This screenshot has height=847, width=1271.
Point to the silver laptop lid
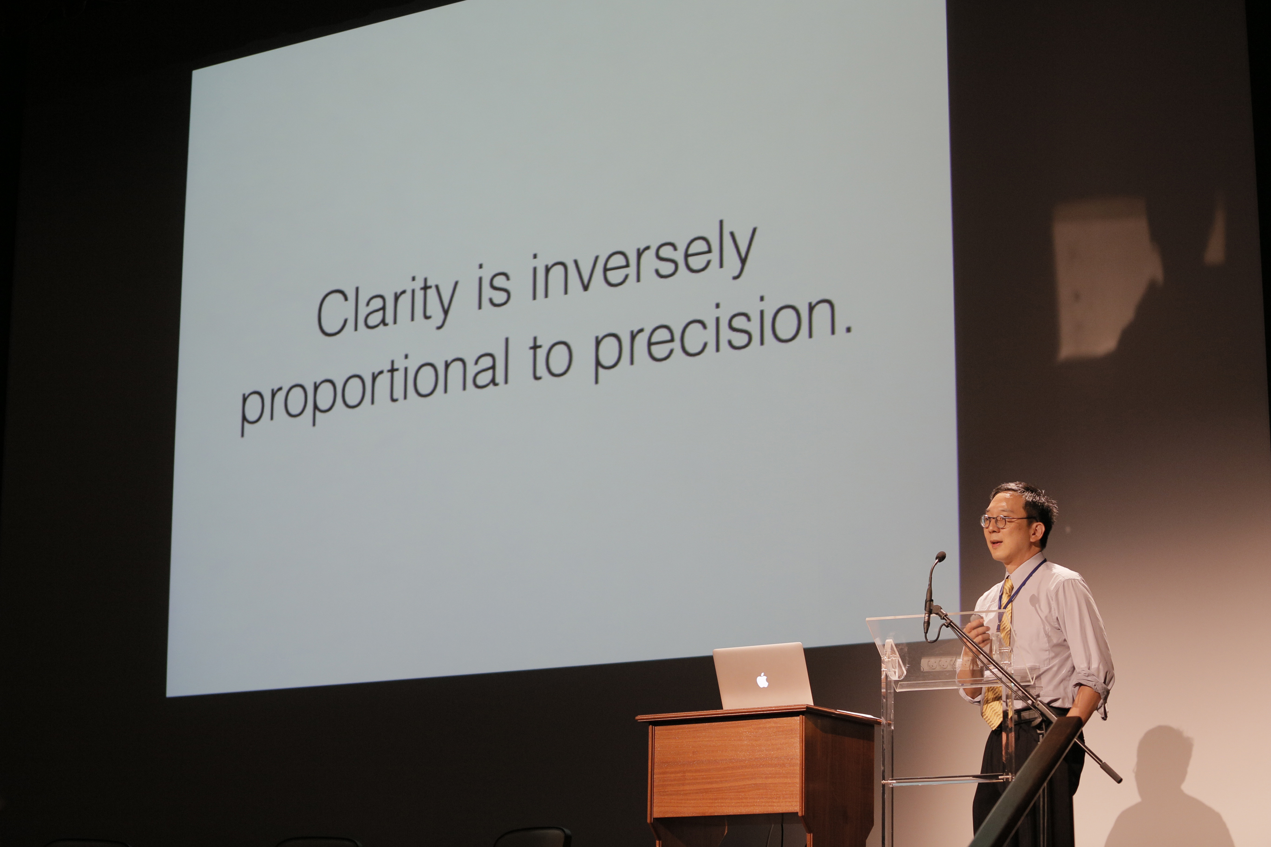pyautogui.click(x=762, y=675)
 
